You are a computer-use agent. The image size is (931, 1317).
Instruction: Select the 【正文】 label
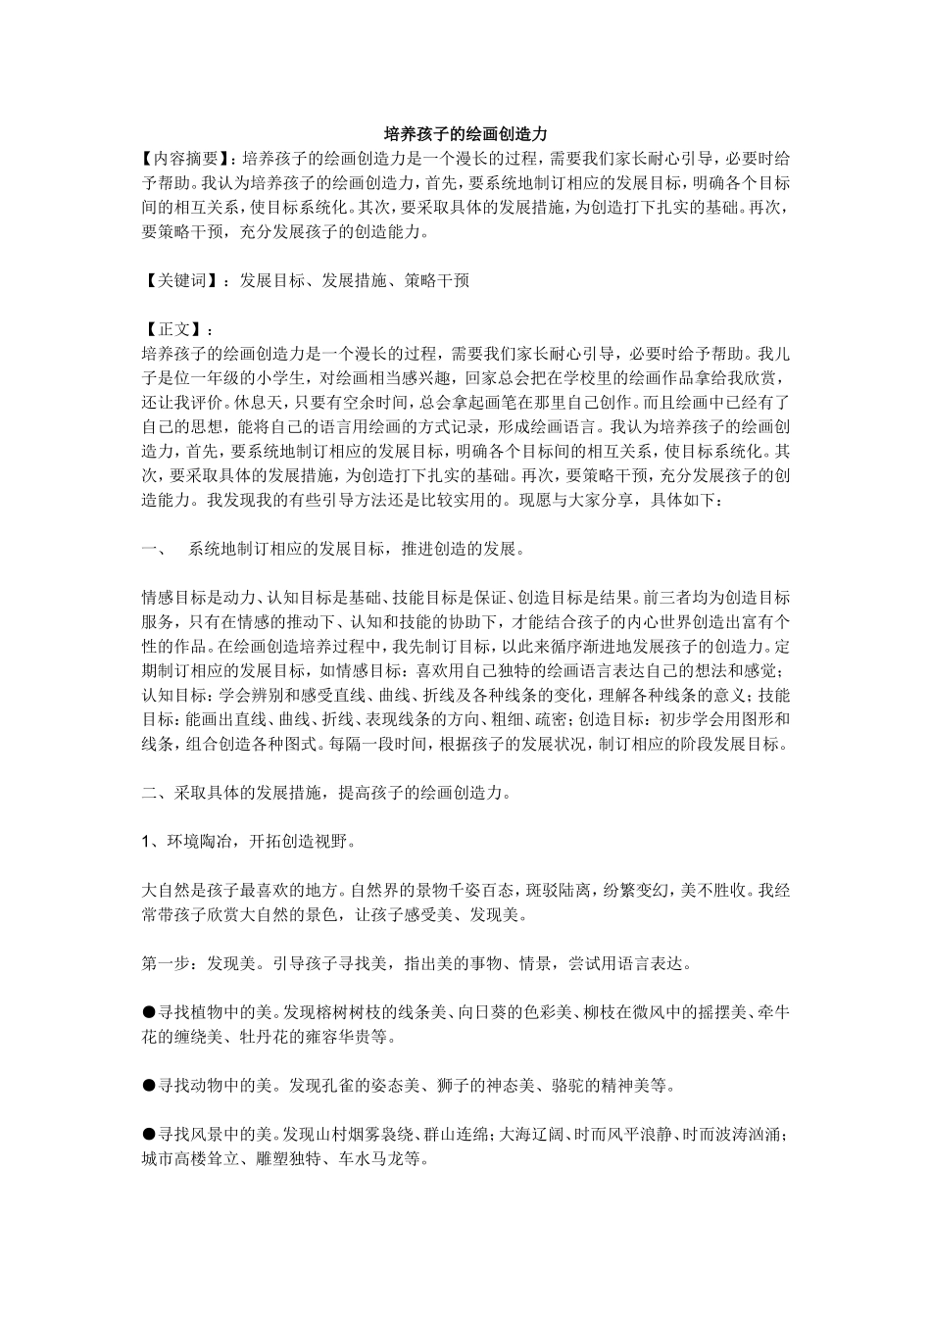[174, 328]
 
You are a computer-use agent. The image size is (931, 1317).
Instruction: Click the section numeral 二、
[157, 792]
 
